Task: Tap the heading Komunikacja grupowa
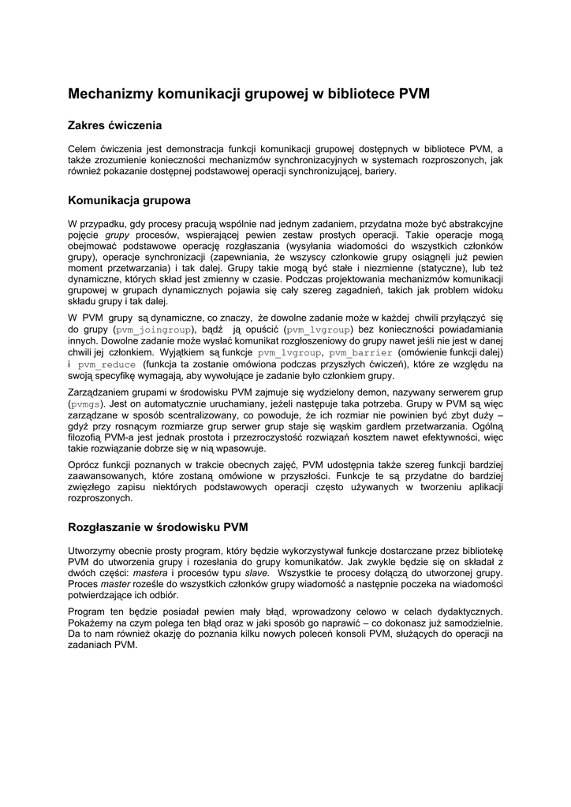tap(129, 201)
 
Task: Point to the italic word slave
tap(257, 573)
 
